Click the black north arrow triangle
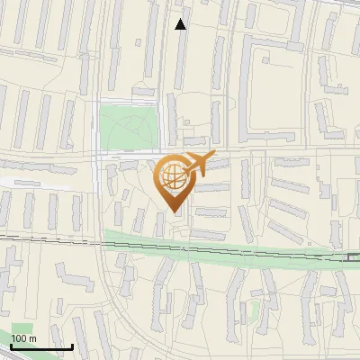pos(181,24)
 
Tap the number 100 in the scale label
pos(19,338)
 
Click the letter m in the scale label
pos(33,338)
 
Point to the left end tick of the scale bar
pos(11,346)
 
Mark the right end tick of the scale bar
pos(72,346)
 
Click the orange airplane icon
pos(196,165)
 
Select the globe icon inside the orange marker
pos(172,176)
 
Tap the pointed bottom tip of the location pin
pos(173,212)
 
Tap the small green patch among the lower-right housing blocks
pos(256,311)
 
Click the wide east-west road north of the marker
pos(270,150)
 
